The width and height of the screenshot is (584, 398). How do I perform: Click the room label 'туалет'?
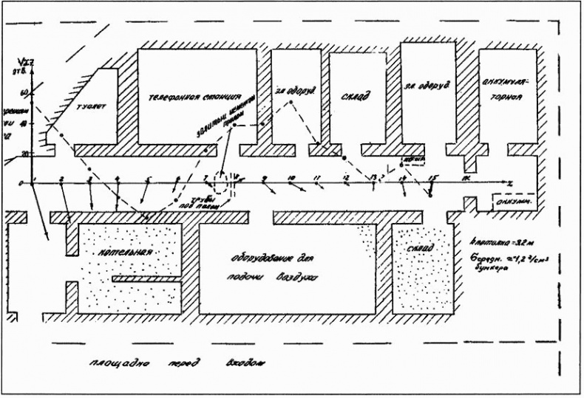92,106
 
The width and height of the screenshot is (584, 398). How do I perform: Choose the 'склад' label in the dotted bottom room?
419,250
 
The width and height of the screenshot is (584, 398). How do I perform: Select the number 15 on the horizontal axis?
432,178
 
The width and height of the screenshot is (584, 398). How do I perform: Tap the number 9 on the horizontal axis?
264,178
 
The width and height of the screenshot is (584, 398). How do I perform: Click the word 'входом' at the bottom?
244,364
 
